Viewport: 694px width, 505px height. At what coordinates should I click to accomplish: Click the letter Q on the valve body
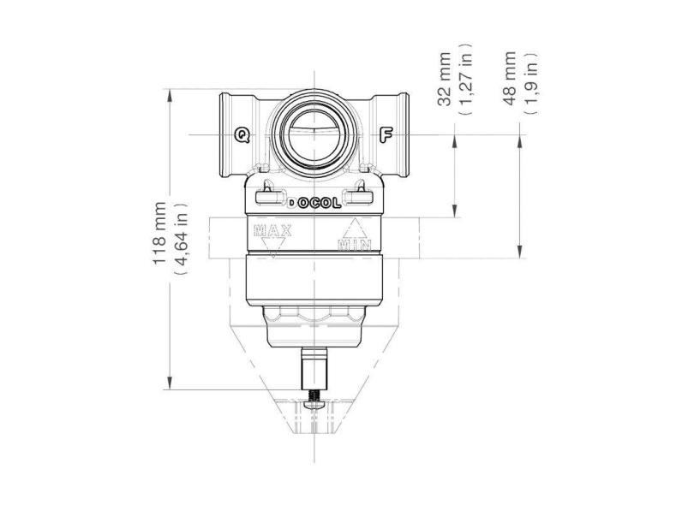coord(243,134)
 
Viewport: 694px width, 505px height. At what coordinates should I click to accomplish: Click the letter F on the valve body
coord(386,134)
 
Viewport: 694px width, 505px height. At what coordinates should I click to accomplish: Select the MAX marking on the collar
coord(273,229)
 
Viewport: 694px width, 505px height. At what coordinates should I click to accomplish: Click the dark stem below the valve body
coord(314,370)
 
